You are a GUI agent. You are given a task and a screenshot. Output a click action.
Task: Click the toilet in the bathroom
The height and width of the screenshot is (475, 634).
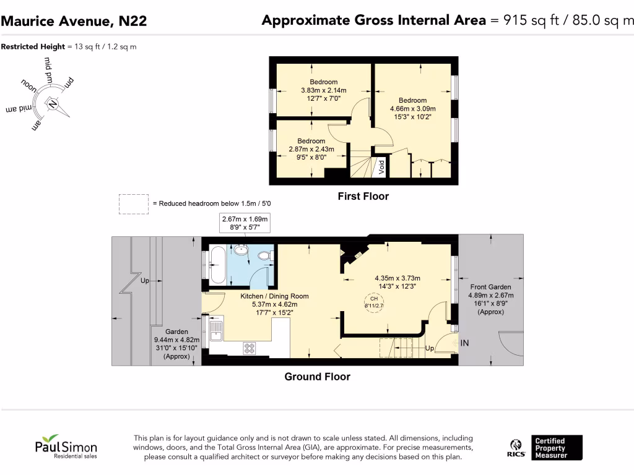point(263,254)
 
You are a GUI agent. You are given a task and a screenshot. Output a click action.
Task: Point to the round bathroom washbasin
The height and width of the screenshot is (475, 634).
point(240,250)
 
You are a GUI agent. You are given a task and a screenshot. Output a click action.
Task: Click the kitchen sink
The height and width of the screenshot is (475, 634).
point(216,331)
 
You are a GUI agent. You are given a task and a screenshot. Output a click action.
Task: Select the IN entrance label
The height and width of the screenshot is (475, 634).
point(464,341)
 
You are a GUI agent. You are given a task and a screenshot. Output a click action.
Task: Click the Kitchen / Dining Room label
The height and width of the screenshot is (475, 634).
point(274,296)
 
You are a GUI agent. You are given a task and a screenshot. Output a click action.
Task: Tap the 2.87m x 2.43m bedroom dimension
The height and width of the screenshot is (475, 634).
point(311,149)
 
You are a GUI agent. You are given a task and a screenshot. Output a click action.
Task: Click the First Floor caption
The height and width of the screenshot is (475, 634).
point(363,197)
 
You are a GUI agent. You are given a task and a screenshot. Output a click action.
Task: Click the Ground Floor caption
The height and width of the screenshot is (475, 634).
point(317,377)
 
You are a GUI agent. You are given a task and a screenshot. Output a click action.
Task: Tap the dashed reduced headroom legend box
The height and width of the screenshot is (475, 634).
point(134,204)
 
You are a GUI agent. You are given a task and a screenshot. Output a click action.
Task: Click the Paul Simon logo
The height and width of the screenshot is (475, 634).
point(65,446)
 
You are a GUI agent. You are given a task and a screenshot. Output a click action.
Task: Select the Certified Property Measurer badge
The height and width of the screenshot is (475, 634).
point(556,448)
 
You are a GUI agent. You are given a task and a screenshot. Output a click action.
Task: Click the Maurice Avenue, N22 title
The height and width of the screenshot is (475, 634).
point(74,21)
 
